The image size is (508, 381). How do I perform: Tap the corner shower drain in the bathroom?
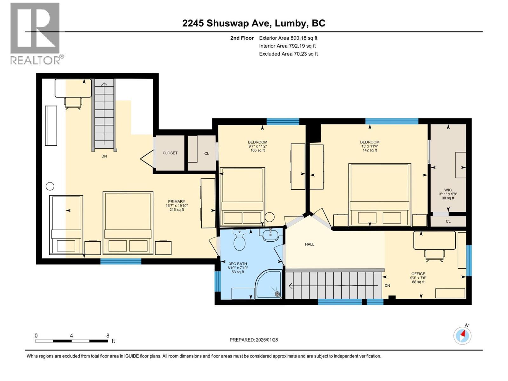tap(277, 294)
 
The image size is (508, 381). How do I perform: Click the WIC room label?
tap(448, 190)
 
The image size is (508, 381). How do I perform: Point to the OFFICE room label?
tap(418, 274)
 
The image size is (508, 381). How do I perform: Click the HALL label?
tap(310, 244)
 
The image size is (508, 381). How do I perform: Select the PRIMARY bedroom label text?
tap(177, 202)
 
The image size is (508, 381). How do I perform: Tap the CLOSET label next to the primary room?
tap(170, 153)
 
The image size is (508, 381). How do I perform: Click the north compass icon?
tap(462, 336)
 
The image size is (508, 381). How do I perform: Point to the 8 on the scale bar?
tap(108, 336)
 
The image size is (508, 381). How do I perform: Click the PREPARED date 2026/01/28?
tap(254, 340)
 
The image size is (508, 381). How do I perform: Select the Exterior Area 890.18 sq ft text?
tap(288, 38)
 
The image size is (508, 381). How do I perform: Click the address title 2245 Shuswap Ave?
tap(254, 23)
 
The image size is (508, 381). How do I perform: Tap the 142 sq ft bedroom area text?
tap(370, 150)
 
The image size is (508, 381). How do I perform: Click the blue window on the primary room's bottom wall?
tap(121, 261)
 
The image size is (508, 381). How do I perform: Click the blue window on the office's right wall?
tap(469, 260)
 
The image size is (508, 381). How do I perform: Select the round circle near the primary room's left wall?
tap(50, 186)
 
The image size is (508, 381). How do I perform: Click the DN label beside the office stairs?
tap(387, 285)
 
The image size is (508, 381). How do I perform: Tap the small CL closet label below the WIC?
tap(448, 221)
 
